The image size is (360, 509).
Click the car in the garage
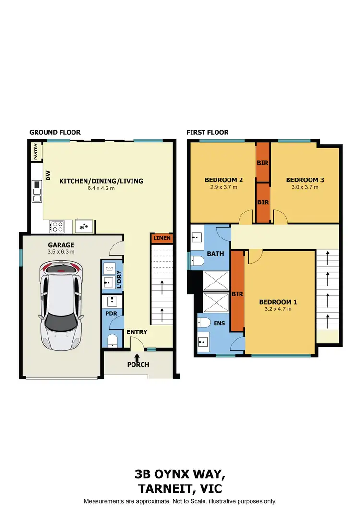[x=60, y=305]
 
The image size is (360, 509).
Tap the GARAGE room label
[x=60, y=244]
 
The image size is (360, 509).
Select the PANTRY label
[x=35, y=152]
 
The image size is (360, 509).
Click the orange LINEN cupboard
[x=161, y=238]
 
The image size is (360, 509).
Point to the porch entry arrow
[x=137, y=356]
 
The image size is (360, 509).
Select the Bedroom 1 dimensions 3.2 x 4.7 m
[x=278, y=309]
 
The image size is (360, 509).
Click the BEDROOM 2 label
[x=224, y=180]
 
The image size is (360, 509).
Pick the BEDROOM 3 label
[x=305, y=180]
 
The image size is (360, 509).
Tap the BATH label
[x=216, y=254]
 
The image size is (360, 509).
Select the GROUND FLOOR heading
[x=55, y=132]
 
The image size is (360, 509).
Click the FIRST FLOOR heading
[x=207, y=132]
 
